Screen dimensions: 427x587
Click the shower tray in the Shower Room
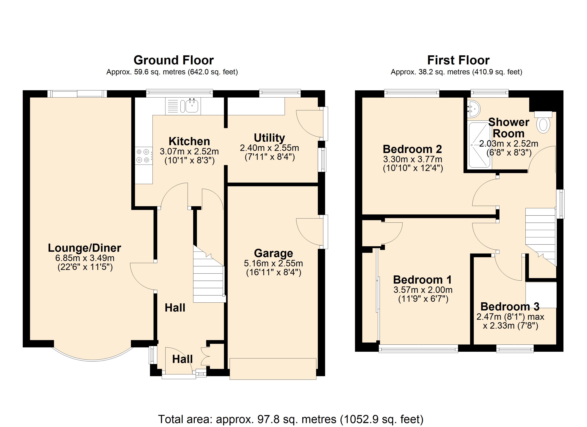479,145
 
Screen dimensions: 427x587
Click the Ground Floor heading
173,60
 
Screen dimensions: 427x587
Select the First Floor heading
458,60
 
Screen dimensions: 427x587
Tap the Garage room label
273,253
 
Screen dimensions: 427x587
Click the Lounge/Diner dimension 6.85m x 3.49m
85,258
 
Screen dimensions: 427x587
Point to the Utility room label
269,138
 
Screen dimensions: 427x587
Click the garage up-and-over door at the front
273,369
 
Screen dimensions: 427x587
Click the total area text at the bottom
290,419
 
